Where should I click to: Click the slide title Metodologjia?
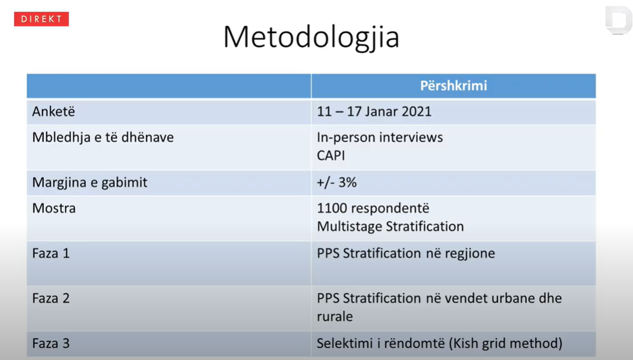[x=311, y=37]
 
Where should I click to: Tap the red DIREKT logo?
[x=41, y=19]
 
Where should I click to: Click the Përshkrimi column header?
[x=453, y=86]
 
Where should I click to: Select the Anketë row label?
[x=54, y=112]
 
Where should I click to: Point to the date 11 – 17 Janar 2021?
[x=374, y=112]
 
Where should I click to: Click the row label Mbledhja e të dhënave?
[x=103, y=137]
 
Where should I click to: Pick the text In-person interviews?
[x=380, y=137]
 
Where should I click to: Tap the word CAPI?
[x=331, y=156]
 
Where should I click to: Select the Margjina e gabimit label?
[x=90, y=182]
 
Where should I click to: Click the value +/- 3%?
[x=337, y=182]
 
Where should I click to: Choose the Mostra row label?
[x=54, y=208]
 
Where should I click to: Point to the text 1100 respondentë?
[x=373, y=208]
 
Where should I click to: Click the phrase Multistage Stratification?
[x=390, y=226]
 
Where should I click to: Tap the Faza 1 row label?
[x=51, y=253]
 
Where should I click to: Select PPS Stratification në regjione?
[x=406, y=253]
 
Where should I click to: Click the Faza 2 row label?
[x=51, y=299]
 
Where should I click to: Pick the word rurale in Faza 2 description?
[x=335, y=317]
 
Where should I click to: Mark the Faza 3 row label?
[x=51, y=343]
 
